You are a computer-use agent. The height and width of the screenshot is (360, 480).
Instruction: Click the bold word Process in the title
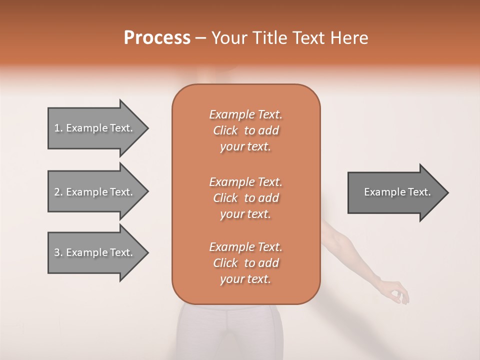pos(157,38)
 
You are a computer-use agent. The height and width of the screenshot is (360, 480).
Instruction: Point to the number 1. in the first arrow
pos(58,128)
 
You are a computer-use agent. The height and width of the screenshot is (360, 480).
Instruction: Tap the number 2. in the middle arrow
pos(58,192)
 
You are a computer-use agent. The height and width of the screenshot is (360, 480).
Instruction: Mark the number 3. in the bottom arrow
pos(58,252)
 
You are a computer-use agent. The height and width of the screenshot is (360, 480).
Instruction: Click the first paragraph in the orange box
pos(245,130)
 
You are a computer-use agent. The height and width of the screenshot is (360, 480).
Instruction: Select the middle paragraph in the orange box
pos(245,197)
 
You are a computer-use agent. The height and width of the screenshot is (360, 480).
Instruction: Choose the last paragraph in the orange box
pos(245,263)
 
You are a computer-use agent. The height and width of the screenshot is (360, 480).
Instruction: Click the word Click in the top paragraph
pos(225,130)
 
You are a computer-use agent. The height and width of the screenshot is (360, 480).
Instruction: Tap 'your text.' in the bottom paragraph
pos(245,279)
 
